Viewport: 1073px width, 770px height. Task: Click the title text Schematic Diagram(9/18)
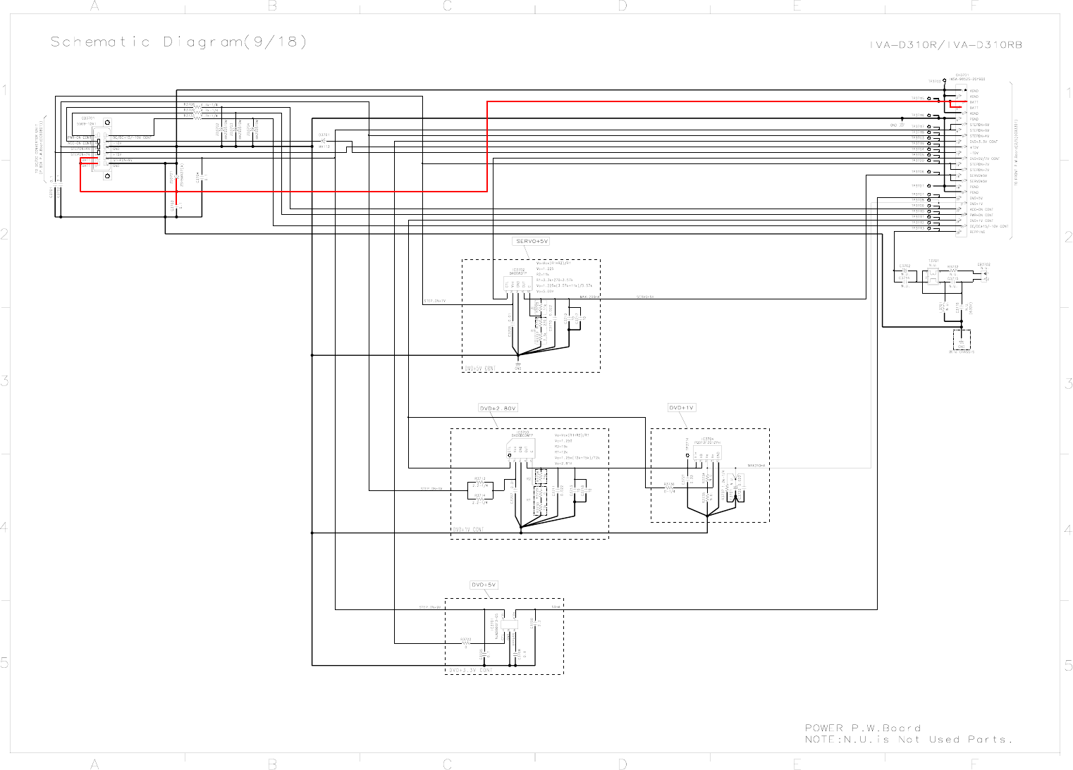pos(179,42)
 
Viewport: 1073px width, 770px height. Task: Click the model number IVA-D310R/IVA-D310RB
pos(945,45)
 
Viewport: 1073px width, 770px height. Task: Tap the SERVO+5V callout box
pos(532,242)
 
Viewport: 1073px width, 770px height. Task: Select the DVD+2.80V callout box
pos(498,409)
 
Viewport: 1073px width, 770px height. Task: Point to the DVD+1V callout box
pos(682,408)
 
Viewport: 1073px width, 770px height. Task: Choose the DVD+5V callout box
pos(484,585)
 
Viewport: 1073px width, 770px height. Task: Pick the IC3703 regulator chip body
pos(522,448)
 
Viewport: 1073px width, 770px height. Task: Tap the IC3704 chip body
pos(706,452)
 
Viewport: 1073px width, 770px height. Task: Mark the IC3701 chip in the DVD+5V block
pos(509,624)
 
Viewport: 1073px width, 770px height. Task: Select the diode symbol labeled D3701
pos(324,142)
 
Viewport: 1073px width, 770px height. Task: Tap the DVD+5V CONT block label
pos(480,368)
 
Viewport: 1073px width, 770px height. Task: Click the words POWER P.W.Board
pos(862,728)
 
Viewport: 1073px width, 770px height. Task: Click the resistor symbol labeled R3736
pos(669,488)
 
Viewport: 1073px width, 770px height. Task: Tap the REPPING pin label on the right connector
pos(977,232)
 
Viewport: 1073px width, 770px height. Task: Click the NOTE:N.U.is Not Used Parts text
pos(908,740)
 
